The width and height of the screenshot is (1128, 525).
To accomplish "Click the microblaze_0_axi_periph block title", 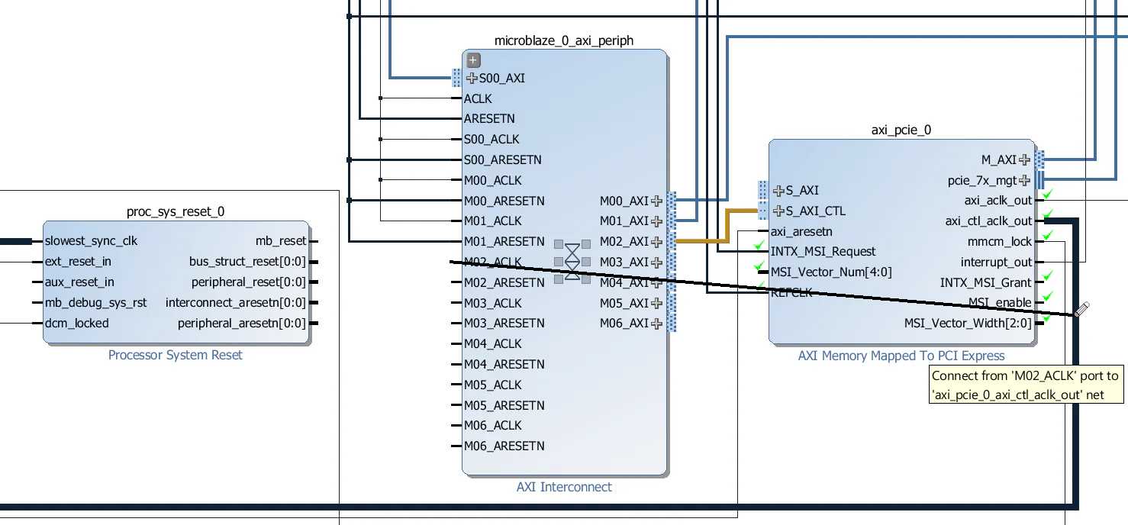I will click(563, 40).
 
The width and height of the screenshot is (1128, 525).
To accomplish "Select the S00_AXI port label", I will click(501, 78).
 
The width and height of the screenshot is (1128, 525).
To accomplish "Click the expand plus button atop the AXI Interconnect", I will click(473, 60).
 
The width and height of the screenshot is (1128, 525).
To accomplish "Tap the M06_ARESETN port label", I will click(504, 446).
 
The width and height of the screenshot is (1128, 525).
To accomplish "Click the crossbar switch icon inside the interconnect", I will click(572, 262).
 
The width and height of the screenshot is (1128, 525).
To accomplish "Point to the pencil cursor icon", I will click(1081, 309).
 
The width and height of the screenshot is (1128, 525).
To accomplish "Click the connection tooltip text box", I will click(1027, 385).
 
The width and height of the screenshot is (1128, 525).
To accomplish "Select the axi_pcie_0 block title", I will click(901, 130).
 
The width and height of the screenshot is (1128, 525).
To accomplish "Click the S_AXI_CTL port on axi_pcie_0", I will click(815, 211).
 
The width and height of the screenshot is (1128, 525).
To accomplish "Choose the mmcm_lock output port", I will click(999, 242).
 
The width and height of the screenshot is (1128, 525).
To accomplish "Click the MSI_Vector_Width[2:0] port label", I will click(968, 324).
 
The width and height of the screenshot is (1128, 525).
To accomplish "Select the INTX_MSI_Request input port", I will click(823, 252).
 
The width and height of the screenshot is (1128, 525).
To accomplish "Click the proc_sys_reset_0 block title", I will click(176, 211).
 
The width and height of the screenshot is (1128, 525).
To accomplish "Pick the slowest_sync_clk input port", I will click(91, 241).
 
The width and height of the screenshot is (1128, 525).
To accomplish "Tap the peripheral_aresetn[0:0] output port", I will click(241, 324).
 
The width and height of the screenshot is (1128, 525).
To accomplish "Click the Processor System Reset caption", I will click(176, 355).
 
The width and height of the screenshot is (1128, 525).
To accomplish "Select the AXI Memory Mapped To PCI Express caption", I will click(901, 356).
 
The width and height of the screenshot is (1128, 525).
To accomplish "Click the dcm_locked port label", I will click(76, 324).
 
